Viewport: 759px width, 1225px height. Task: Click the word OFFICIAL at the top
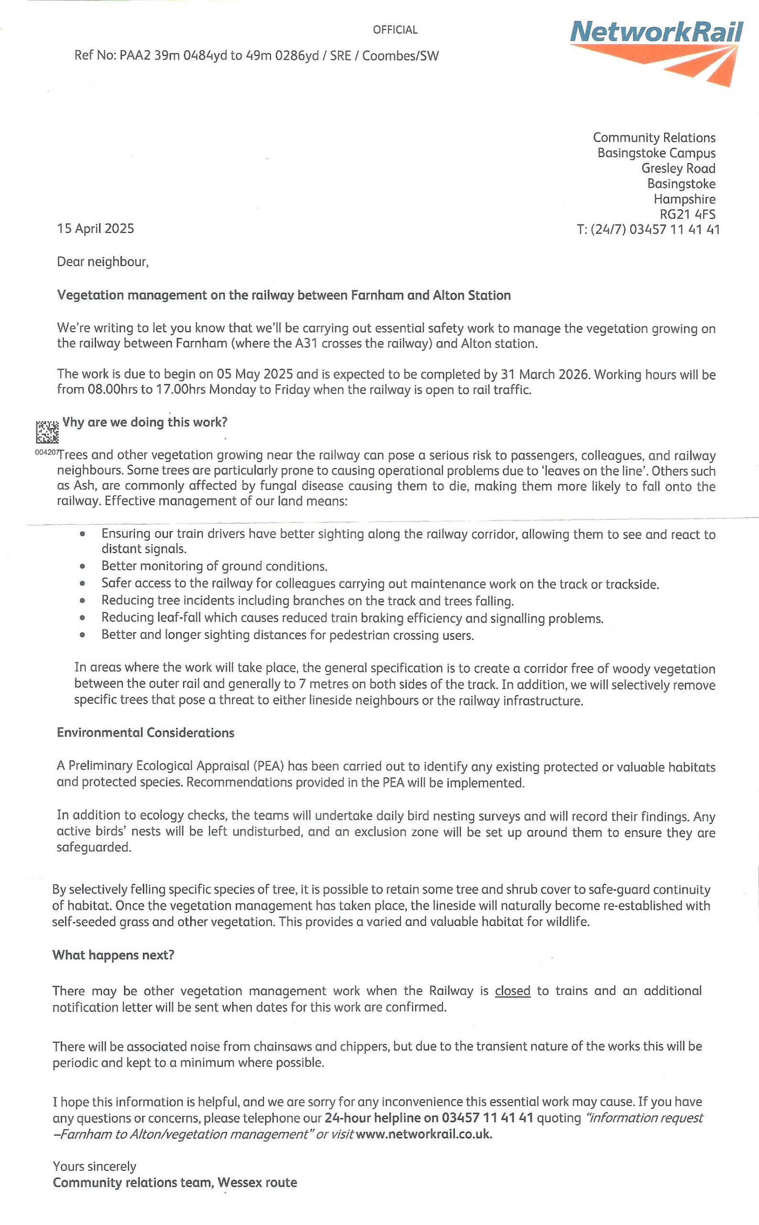395,30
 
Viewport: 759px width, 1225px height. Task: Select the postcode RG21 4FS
687,214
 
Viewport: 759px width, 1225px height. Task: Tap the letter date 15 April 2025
96,229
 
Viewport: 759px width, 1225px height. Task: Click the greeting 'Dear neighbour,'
103,262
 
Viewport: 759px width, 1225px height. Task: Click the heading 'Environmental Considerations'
146,733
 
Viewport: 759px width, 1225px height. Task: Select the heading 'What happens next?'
113,955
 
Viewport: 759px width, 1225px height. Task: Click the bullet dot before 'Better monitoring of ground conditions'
82,566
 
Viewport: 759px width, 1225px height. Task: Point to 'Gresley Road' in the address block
678,168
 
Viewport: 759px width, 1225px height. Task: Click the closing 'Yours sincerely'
94,1166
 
